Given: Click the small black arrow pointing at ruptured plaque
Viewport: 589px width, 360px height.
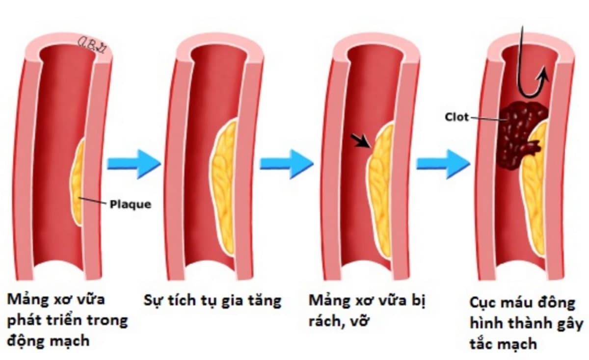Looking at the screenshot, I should pyautogui.click(x=362, y=141).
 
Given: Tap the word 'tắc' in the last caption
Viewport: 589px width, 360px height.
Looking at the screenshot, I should pyautogui.click(x=483, y=344).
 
